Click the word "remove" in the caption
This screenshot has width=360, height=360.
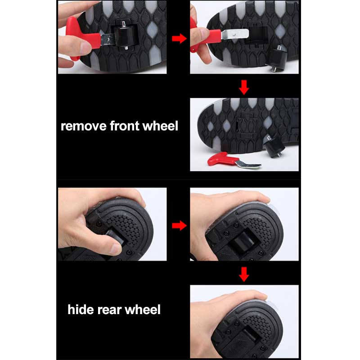click(84, 126)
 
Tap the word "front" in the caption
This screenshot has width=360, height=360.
click(125, 126)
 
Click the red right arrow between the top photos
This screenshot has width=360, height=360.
click(179, 38)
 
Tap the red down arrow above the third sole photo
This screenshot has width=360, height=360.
click(244, 87)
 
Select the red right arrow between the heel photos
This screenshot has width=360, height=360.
click(179, 225)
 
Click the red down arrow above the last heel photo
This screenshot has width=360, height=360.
click(244, 274)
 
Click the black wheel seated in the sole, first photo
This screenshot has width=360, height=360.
click(125, 36)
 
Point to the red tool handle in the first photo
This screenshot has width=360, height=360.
click(81, 38)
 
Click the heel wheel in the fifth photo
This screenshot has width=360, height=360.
click(243, 242)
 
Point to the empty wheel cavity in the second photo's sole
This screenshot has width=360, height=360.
click(256, 35)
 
